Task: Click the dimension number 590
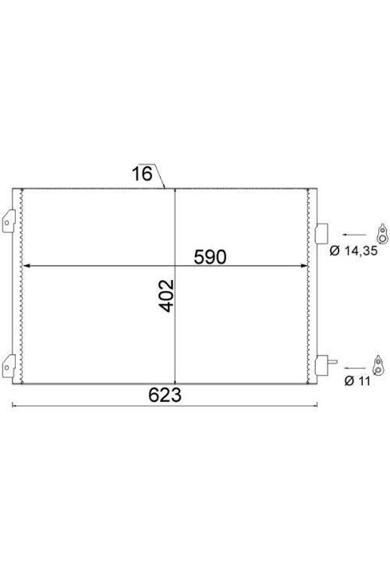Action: pyautogui.click(x=210, y=257)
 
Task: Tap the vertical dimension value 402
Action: pyautogui.click(x=166, y=296)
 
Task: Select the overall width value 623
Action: pyautogui.click(x=165, y=395)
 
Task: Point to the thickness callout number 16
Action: pyautogui.click(x=142, y=174)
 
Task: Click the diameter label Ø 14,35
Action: pyautogui.click(x=353, y=250)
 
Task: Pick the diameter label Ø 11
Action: pyautogui.click(x=357, y=381)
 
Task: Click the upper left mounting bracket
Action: pyautogui.click(x=9, y=222)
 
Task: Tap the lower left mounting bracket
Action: pyautogui.click(x=9, y=366)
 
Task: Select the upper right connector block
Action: pyautogui.click(x=321, y=233)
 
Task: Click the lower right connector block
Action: pyautogui.click(x=321, y=365)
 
